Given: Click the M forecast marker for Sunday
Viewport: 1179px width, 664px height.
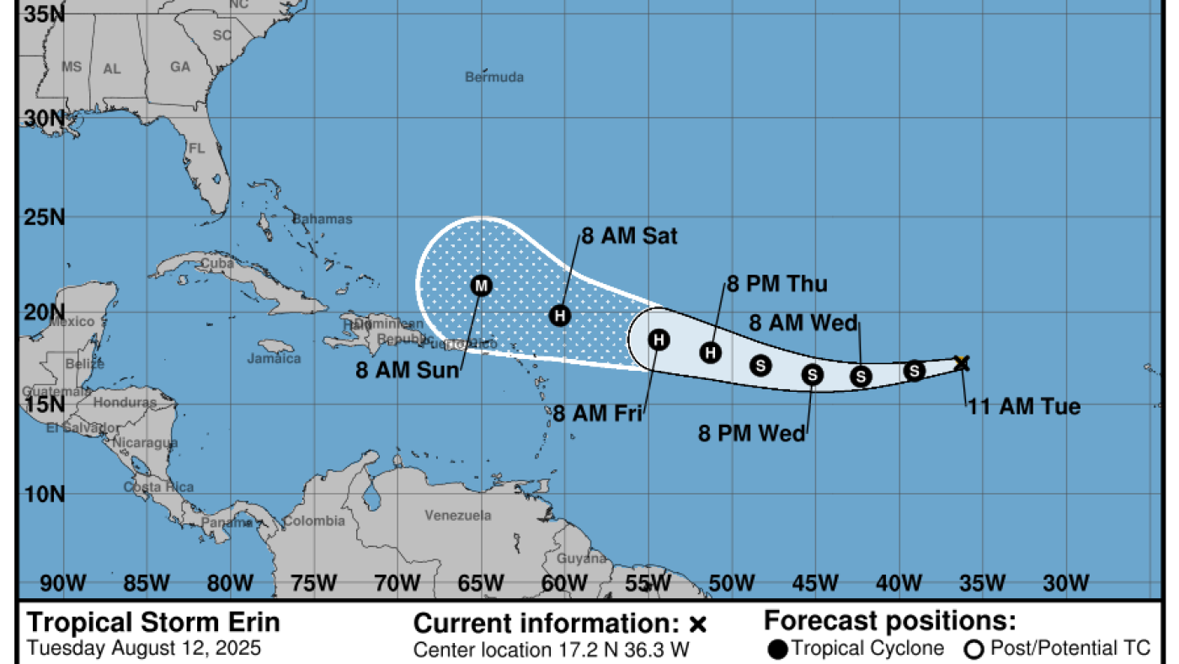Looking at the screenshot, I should pyautogui.click(x=481, y=286).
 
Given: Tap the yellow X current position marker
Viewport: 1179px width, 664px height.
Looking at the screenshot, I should pyautogui.click(x=963, y=363).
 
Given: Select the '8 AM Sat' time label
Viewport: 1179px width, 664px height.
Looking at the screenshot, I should pyautogui.click(x=629, y=237).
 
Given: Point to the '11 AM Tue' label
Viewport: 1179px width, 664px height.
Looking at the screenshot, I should pyautogui.click(x=1023, y=407).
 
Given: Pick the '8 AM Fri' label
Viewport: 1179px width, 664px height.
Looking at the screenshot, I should pyautogui.click(x=598, y=414).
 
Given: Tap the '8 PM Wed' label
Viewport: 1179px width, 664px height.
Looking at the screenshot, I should pyautogui.click(x=752, y=433).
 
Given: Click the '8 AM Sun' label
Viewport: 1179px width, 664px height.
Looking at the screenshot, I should pyautogui.click(x=408, y=370).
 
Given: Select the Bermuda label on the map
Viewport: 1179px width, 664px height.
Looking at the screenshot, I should pyautogui.click(x=494, y=78).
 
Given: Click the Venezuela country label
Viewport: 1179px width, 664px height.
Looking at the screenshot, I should pyautogui.click(x=458, y=515).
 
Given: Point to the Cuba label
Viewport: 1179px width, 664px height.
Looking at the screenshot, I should pyautogui.click(x=217, y=264).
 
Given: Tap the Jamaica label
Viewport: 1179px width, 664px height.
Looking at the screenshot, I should pyautogui.click(x=274, y=358).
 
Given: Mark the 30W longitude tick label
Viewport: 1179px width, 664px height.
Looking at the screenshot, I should pyautogui.click(x=1066, y=582).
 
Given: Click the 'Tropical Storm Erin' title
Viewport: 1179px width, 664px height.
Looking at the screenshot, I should pyautogui.click(x=152, y=624).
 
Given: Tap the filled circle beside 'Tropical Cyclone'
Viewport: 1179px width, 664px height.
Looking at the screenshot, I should pyautogui.click(x=778, y=649).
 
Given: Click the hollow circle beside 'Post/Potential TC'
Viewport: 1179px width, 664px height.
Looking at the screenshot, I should pyautogui.click(x=977, y=649).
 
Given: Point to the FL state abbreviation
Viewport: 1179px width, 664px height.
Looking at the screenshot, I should pyautogui.click(x=197, y=148).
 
